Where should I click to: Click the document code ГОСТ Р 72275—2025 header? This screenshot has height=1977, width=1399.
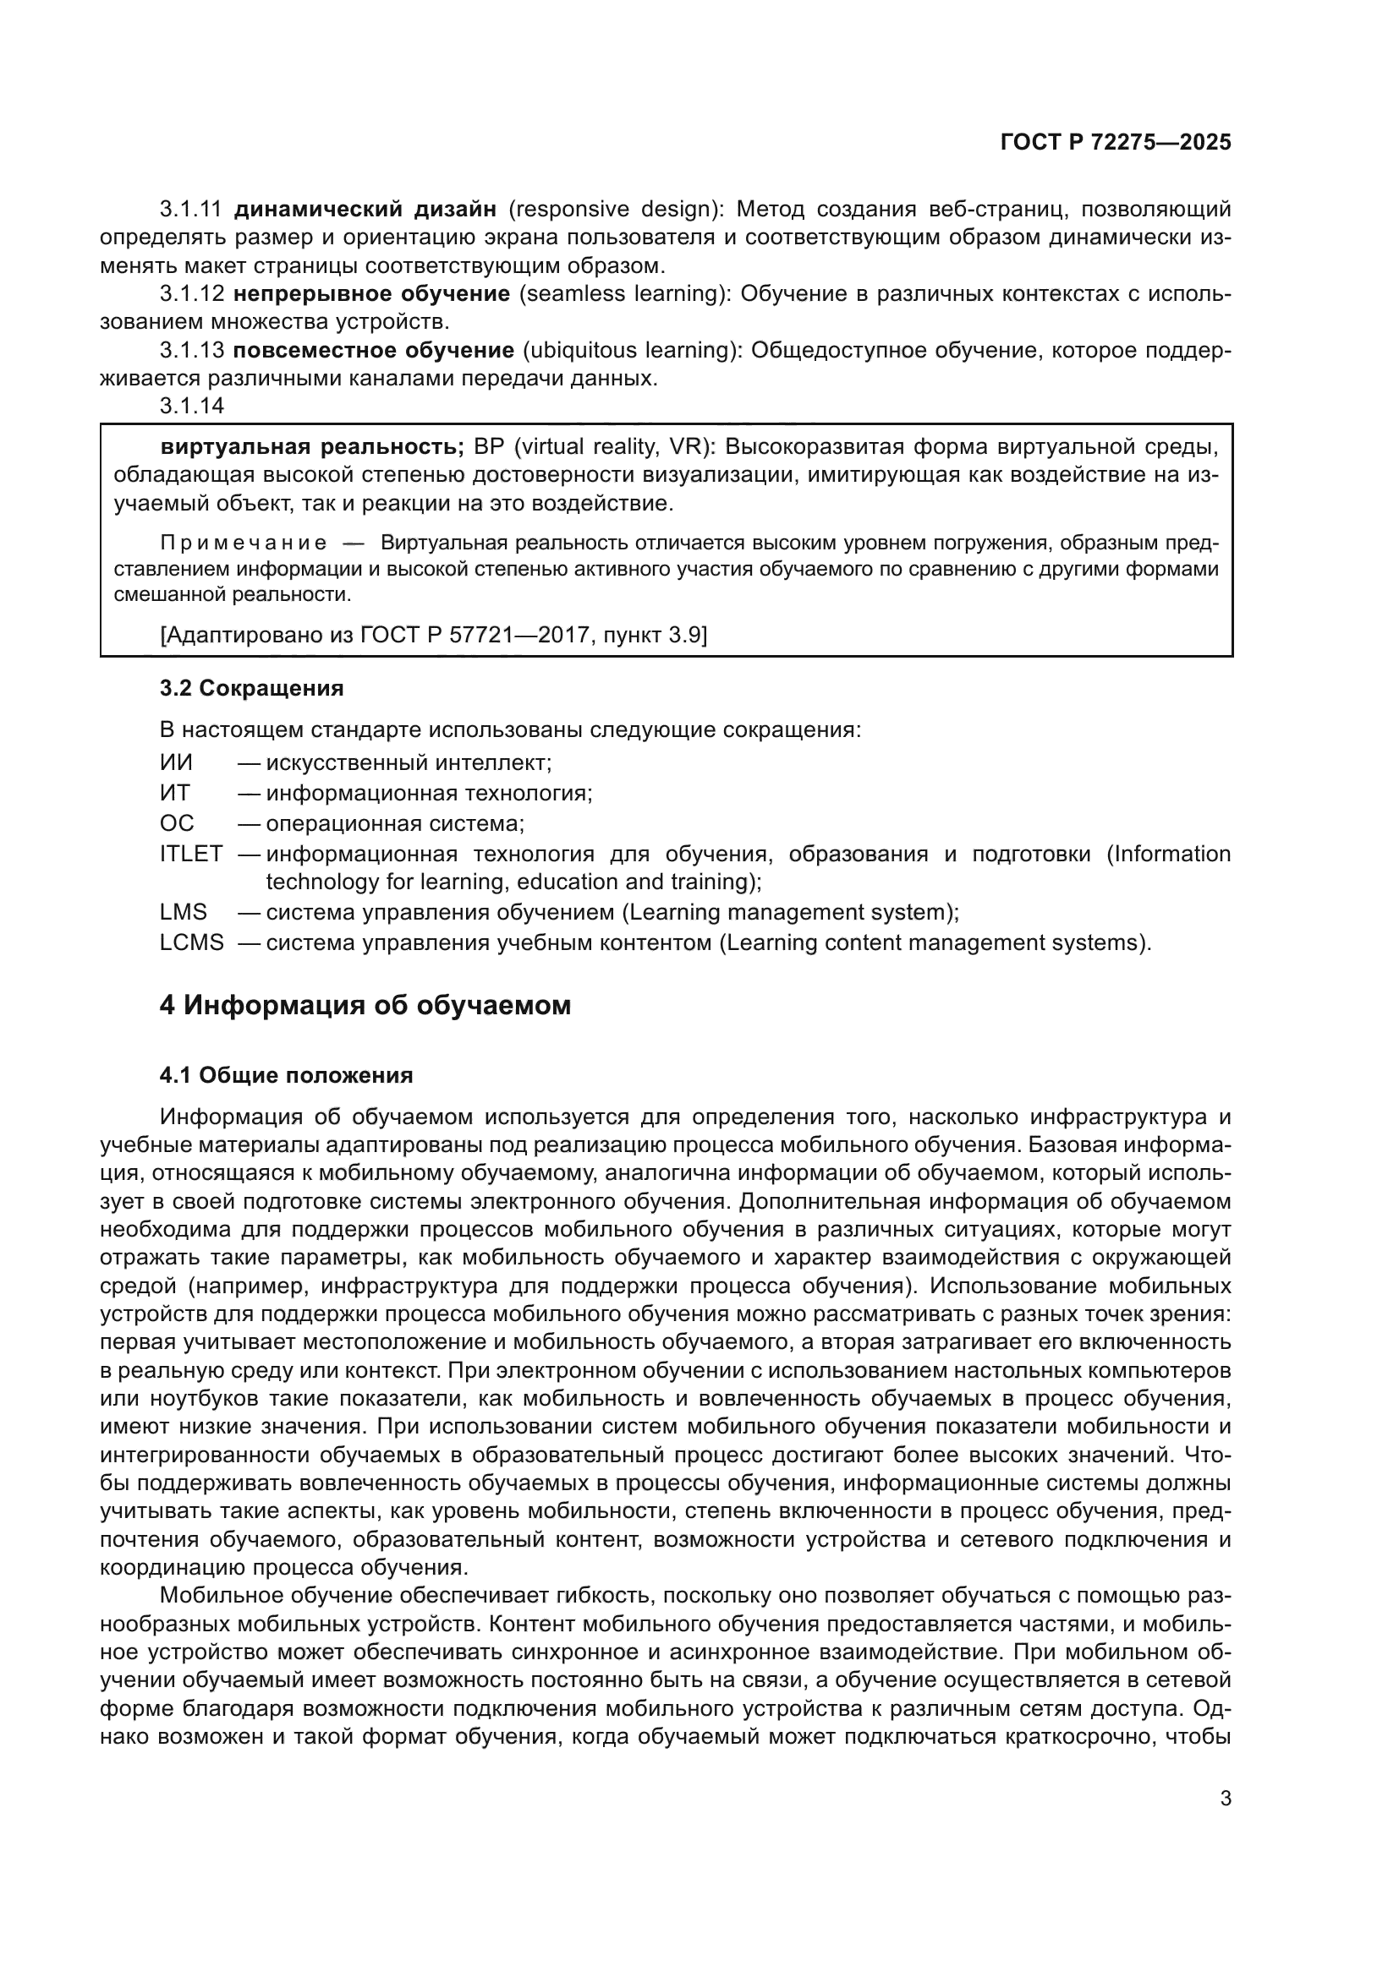point(1116,143)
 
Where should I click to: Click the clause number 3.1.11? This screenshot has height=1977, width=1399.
point(190,210)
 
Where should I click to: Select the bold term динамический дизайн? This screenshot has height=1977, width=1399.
point(365,210)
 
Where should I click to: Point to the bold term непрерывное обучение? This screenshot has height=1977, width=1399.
point(371,293)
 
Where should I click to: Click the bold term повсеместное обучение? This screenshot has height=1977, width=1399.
point(374,351)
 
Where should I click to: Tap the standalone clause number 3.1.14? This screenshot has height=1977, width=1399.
point(191,406)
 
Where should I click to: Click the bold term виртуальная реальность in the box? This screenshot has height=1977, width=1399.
point(312,447)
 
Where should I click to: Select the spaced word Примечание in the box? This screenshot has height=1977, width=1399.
point(243,543)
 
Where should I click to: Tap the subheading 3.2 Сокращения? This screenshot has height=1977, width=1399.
point(251,688)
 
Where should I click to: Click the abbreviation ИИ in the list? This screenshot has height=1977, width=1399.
point(176,763)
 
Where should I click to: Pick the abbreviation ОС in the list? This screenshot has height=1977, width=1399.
point(177,823)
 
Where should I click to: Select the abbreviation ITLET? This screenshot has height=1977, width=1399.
point(190,855)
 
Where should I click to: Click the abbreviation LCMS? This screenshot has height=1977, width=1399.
point(191,943)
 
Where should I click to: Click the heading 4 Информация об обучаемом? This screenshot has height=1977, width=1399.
point(365,1005)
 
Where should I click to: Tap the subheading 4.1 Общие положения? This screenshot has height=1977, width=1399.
point(286,1075)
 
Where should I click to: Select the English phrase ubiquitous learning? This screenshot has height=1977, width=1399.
point(631,351)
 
